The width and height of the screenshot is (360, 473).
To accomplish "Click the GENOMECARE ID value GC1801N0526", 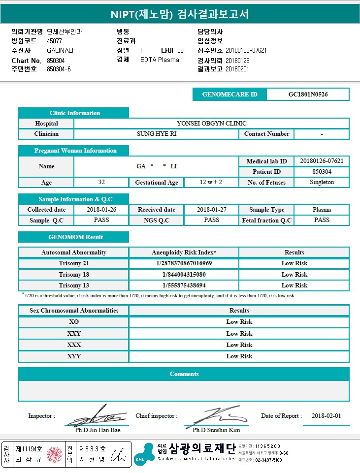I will point(308,95).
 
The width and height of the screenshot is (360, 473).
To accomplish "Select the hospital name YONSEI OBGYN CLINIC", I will point(211,123).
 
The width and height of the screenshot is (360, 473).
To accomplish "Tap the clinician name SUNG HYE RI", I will point(156,134).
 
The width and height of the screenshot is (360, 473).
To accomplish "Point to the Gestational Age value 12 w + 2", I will point(211,182).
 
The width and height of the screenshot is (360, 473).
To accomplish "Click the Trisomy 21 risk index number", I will point(184,263).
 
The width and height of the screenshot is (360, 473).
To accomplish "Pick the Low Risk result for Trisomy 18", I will point(294,275).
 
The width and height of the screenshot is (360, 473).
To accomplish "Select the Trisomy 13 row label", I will point(74,285).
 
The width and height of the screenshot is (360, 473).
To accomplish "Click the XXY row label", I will point(74,334).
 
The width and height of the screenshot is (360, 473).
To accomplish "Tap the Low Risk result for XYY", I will point(239,356).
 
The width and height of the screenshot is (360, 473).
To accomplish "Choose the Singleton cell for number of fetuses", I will point(322,182).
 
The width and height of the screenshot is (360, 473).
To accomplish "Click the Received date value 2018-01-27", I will point(211,210).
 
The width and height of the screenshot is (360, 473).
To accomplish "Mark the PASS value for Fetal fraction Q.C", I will point(322,220).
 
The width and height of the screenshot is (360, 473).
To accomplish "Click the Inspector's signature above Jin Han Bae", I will point(97,416).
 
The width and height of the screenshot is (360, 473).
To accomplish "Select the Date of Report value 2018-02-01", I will point(326,416).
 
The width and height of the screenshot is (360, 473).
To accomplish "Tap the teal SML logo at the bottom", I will point(144,454).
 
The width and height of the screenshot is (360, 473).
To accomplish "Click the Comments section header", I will point(184,374).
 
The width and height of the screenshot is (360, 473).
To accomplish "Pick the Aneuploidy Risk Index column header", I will point(184,252).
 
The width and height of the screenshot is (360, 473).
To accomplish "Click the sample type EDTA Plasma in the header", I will point(160,60).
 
